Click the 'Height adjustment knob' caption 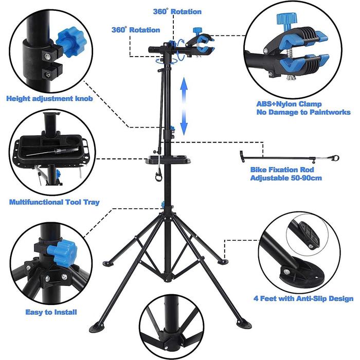(x=50, y=98)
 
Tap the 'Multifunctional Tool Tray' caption (x=55, y=202)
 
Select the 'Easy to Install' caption (x=51, y=312)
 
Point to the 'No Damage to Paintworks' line (x=303, y=112)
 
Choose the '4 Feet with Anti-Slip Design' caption (x=303, y=298)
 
